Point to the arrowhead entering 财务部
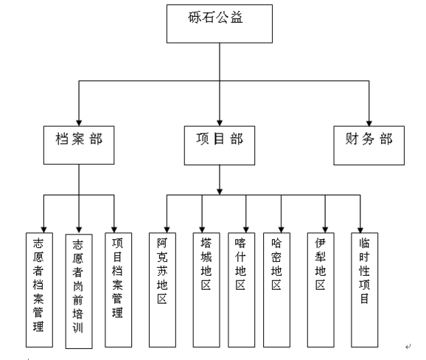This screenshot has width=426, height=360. point(369,123)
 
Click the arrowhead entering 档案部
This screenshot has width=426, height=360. point(79,123)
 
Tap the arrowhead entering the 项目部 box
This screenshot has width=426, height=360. point(220,123)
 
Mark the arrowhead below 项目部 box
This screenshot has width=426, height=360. point(220,192)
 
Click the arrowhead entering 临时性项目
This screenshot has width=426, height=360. point(360,229)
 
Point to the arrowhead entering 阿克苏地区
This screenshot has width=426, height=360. point(167,229)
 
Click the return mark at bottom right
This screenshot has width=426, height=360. point(408,347)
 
